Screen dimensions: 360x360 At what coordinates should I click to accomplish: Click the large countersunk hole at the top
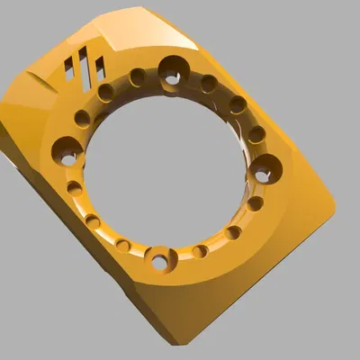pos(172,70)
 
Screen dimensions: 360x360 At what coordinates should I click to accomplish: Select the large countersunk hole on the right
pos(267,167)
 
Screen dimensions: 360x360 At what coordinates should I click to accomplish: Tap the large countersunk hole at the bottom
pos(160,261)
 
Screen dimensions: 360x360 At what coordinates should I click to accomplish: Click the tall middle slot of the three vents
pos(85,68)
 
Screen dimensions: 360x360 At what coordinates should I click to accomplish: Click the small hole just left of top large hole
pos(137,77)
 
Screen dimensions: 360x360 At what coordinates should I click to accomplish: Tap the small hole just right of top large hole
pos(209,84)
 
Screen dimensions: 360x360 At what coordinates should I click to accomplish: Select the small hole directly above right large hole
pos(256,135)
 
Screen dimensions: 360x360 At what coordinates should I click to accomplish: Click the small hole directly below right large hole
pos(256,203)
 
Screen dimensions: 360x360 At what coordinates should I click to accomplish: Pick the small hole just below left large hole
pos(74,189)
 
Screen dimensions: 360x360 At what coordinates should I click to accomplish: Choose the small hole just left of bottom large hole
pos(122,246)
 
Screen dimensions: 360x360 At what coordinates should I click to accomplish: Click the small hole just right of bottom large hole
pos(200,251)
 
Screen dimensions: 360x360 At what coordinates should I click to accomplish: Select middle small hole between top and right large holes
pos(237,105)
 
